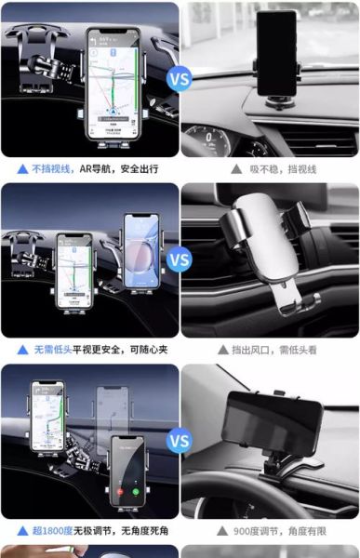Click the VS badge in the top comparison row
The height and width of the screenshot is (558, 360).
coord(180,78)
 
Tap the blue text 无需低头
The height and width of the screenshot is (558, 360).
coord(53,351)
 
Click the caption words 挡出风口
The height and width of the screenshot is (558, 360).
coord(249,351)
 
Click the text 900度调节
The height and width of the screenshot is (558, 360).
coord(258,531)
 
